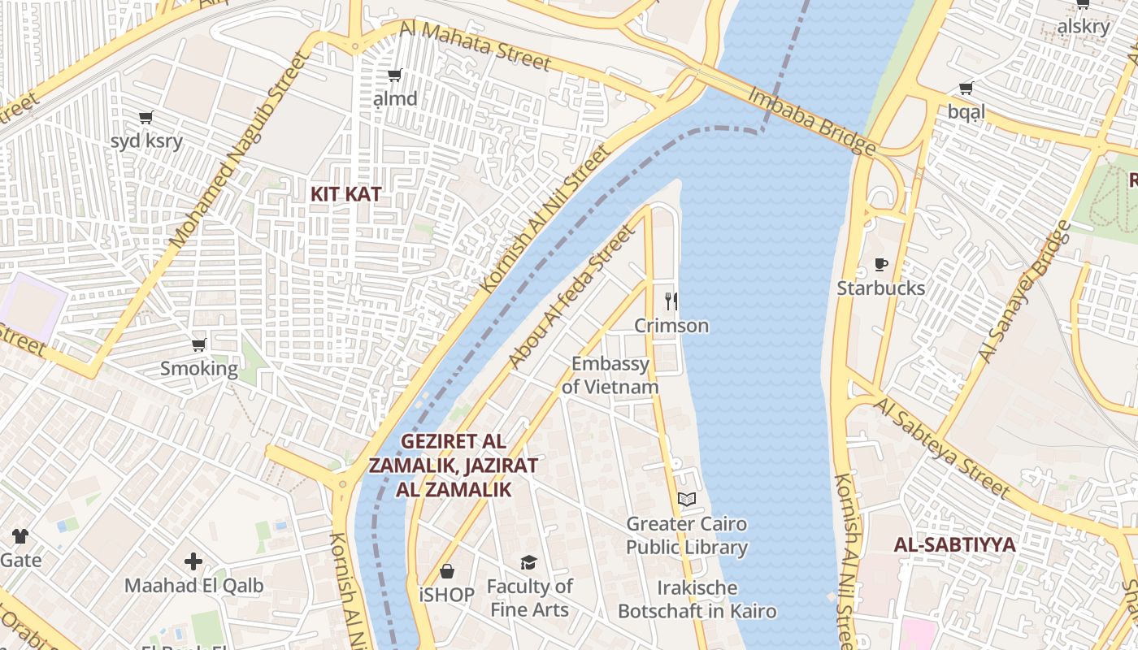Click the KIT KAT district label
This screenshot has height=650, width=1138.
tap(345, 194)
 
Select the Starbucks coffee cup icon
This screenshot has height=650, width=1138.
tap(880, 264)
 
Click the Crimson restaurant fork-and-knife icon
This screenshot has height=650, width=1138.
tap(671, 301)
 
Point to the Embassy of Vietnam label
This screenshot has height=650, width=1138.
tap(610, 375)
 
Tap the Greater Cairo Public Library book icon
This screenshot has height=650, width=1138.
tap(687, 499)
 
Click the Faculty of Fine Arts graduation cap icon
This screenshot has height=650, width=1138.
tap(529, 562)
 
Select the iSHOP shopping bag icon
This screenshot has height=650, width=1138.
tap(446, 571)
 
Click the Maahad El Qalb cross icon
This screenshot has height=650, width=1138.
tap(193, 561)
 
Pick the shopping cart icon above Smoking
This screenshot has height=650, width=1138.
tap(199, 344)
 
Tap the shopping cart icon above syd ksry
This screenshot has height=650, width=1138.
tap(146, 118)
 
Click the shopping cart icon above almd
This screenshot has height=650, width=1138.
tap(395, 76)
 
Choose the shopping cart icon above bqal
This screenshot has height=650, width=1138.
tap(966, 88)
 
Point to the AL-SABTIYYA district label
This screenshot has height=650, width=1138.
tap(954, 544)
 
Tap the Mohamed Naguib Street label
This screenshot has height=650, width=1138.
tap(241, 150)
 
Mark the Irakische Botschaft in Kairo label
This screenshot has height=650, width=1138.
tap(697, 599)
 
